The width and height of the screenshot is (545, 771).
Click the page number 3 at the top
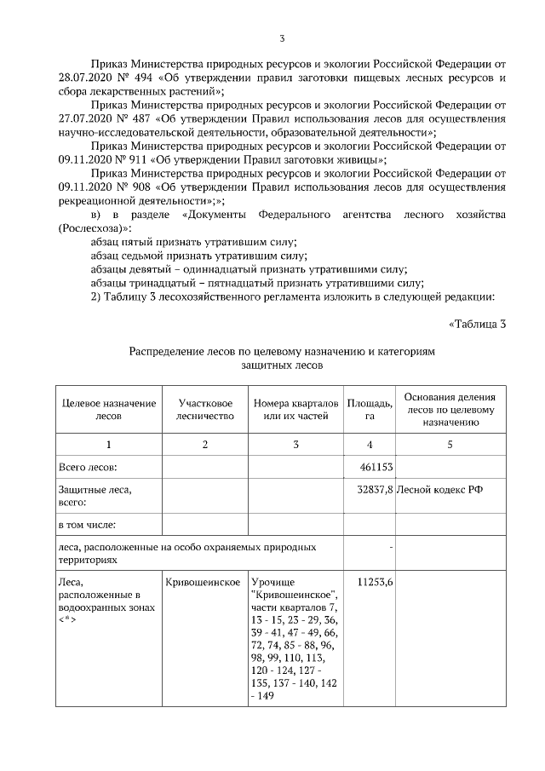pyautogui.click(x=282, y=37)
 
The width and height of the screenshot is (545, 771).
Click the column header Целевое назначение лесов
pyautogui.click(x=108, y=409)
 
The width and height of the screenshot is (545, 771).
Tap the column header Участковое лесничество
pyautogui.click(x=204, y=409)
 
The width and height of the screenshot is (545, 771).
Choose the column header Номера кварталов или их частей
pyautogui.click(x=295, y=409)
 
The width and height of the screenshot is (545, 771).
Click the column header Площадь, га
pyautogui.click(x=370, y=409)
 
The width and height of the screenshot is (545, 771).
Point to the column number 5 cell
pyautogui.click(x=450, y=445)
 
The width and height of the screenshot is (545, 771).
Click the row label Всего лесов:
pyautogui.click(x=88, y=468)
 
